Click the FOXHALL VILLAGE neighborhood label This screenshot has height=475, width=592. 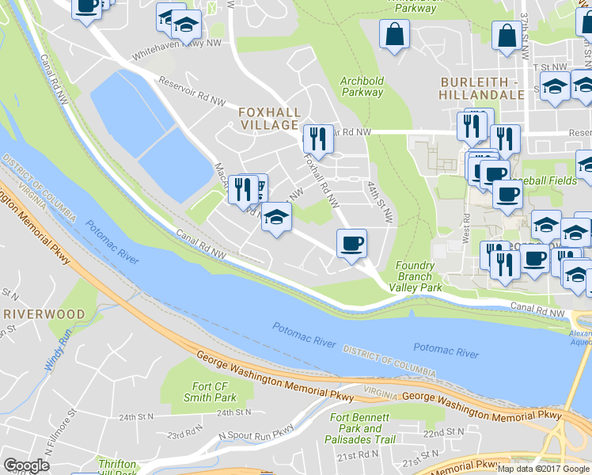[268, 119]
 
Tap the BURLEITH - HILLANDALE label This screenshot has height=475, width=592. [482, 88]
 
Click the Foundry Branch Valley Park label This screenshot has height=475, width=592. [416, 277]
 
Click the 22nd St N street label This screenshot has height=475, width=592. [443, 432]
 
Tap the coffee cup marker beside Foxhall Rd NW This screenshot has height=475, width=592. [351, 242]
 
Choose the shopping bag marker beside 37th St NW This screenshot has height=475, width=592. [507, 36]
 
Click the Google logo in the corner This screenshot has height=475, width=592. [26, 465]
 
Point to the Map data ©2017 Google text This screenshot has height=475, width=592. [544, 469]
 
